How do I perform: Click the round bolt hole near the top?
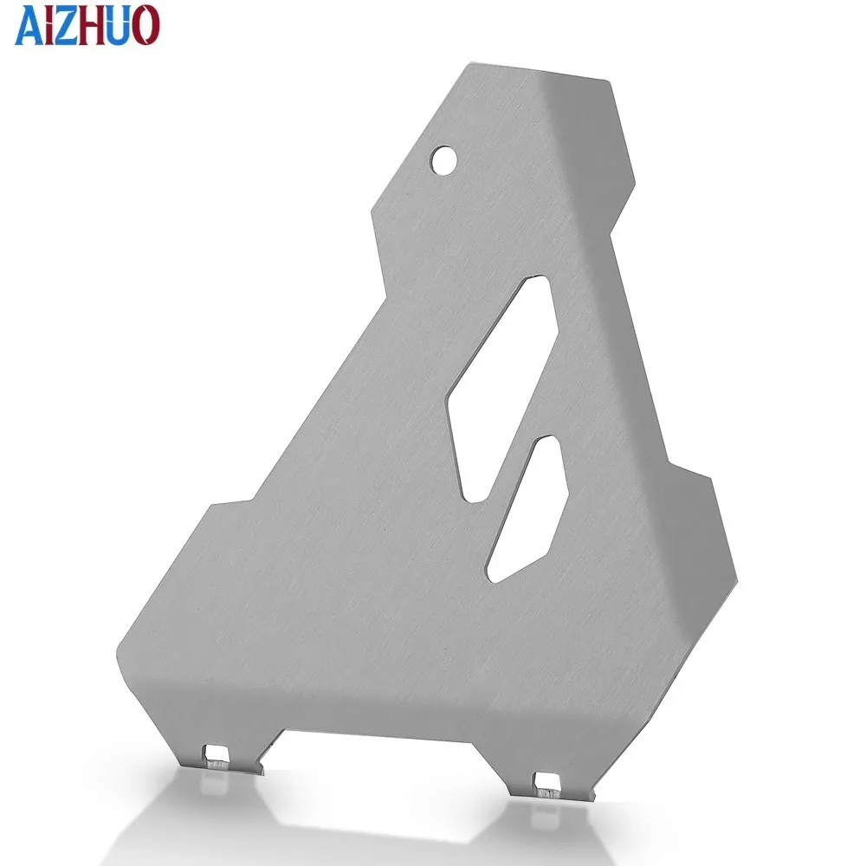click(443, 159)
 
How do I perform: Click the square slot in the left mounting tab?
click(216, 752)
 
